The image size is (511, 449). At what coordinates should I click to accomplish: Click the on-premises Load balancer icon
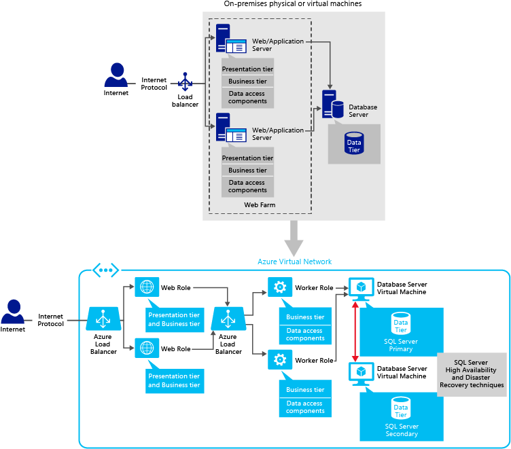pyautogui.click(x=184, y=84)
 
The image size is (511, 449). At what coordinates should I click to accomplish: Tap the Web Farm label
pyautogui.click(x=260, y=204)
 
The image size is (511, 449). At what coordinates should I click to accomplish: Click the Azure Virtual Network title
pyautogui.click(x=295, y=262)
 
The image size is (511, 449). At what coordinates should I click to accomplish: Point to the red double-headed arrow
pyautogui.click(x=355, y=331)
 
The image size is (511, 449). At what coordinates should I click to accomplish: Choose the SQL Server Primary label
pyautogui.click(x=401, y=345)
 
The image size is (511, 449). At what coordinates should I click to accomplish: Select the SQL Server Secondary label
pyautogui.click(x=401, y=430)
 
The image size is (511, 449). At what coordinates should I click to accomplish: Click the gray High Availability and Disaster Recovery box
pyautogui.click(x=472, y=374)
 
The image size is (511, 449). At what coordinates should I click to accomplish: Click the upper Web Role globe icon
pyautogui.click(x=145, y=287)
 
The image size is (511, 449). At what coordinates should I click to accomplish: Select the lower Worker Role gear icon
pyautogui.click(x=279, y=359)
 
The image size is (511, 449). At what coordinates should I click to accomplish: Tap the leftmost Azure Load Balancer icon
pyautogui.click(x=103, y=318)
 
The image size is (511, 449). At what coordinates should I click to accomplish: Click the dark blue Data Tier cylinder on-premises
pyautogui.click(x=354, y=143)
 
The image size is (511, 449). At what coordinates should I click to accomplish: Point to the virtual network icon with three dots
pyautogui.click(x=105, y=270)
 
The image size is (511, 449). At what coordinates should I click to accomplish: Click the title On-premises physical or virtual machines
pyautogui.click(x=293, y=4)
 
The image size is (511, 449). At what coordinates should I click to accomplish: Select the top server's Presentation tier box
pyautogui.click(x=247, y=69)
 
